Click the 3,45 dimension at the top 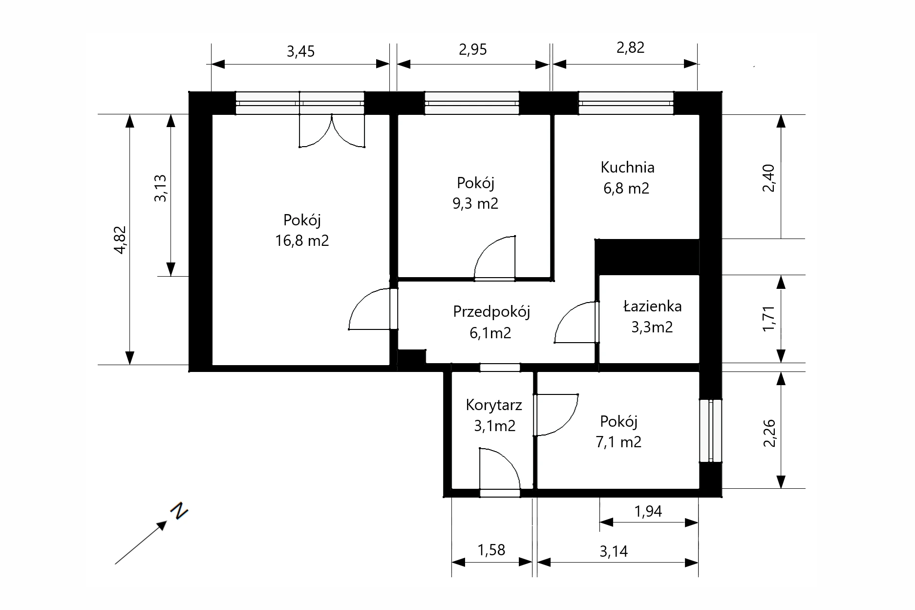pyautogui.click(x=300, y=51)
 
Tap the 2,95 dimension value pyautogui.click(x=473, y=50)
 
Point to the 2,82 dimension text pyautogui.click(x=631, y=48)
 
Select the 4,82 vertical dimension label pyautogui.click(x=120, y=240)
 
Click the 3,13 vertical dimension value pyautogui.click(x=161, y=188)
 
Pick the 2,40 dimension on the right pyautogui.click(x=769, y=178)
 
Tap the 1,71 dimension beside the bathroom pyautogui.click(x=769, y=319)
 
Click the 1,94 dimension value pyautogui.click(x=648, y=511)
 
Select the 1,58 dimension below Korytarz pyautogui.click(x=491, y=550)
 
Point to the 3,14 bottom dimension pyautogui.click(x=614, y=551)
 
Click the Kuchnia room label pyautogui.click(x=627, y=167)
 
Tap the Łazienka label pyautogui.click(x=652, y=306)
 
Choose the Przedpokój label pyautogui.click(x=491, y=312)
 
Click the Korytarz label pyautogui.click(x=494, y=405)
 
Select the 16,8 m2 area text pyautogui.click(x=302, y=240)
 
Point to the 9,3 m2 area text pyautogui.click(x=475, y=203)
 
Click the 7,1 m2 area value pyautogui.click(x=618, y=442)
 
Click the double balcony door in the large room pyautogui.click(x=332, y=130)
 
